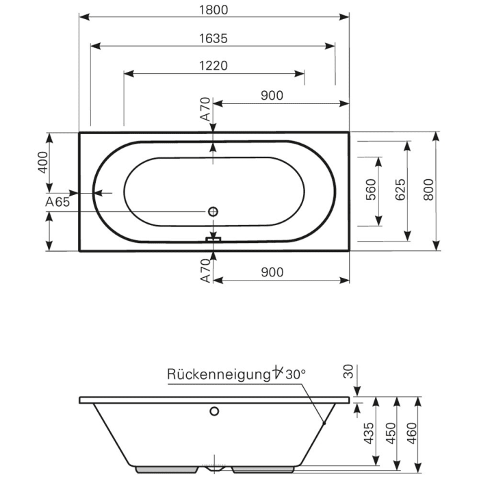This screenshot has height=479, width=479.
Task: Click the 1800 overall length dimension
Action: (214, 10)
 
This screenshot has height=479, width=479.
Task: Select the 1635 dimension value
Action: (214, 38)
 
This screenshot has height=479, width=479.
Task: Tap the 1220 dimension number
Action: (214, 66)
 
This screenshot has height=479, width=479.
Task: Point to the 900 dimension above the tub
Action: (272, 96)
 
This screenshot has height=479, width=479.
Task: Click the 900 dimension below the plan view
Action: (272, 272)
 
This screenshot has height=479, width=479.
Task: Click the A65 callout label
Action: (57, 203)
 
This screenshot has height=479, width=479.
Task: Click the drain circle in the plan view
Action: (213, 212)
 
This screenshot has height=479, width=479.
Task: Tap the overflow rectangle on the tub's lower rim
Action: (214, 239)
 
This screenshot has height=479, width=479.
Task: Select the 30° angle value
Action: (295, 374)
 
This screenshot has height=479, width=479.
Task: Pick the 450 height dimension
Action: (391, 434)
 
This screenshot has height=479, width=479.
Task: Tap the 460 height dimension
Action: (412, 434)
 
